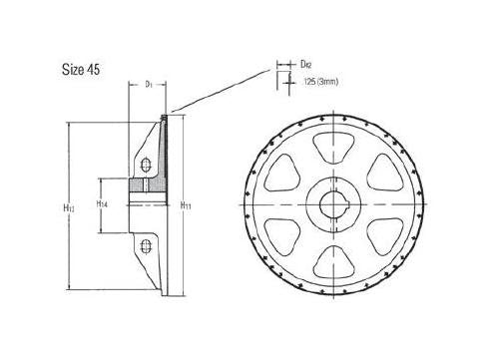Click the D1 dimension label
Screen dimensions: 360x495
pos(147,85)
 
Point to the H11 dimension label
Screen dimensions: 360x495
pos(186,206)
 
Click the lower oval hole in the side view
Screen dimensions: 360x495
pos(147,244)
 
